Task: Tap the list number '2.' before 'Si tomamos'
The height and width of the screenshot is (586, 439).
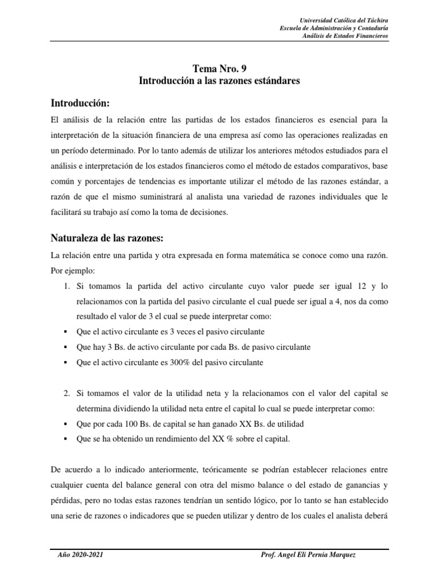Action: (x=67, y=393)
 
